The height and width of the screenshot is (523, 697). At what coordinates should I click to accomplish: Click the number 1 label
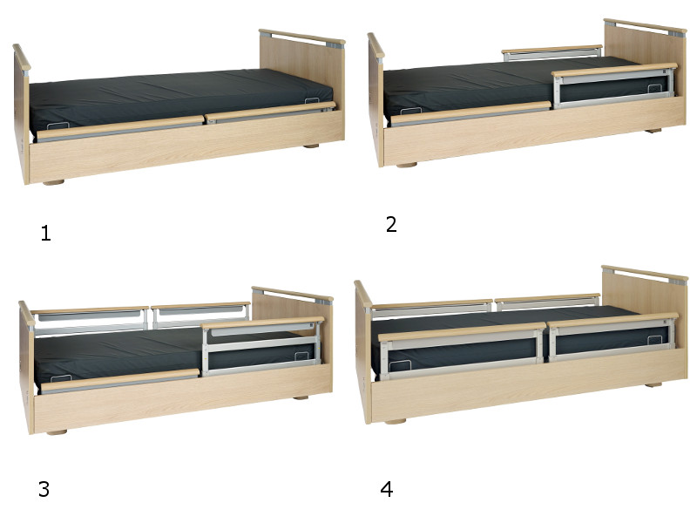[46, 233]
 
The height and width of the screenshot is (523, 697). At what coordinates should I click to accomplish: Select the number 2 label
[391, 224]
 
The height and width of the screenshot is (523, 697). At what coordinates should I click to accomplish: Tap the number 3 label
[44, 489]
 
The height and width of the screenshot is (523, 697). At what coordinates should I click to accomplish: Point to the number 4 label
[387, 489]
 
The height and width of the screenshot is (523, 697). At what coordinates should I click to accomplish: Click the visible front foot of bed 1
[54, 182]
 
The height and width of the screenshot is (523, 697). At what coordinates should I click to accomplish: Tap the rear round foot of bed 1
[311, 146]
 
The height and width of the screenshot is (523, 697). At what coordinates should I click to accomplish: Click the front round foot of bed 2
[406, 165]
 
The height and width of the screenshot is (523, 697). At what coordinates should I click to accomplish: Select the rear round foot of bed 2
[653, 131]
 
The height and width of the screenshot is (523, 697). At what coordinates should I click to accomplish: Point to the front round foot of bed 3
[57, 431]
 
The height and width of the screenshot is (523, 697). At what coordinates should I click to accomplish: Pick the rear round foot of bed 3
[301, 397]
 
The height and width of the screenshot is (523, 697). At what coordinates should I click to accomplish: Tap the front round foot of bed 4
[396, 421]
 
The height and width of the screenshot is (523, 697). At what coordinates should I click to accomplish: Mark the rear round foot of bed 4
[653, 384]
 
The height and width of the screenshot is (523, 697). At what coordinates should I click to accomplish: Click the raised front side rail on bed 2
[614, 85]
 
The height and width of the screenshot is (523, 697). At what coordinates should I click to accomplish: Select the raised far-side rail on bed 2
[552, 52]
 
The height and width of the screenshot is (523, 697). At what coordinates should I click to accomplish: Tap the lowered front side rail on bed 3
[119, 381]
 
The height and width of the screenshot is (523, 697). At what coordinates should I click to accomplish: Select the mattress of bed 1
[178, 98]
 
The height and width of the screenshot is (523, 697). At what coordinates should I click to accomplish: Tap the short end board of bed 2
[376, 99]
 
